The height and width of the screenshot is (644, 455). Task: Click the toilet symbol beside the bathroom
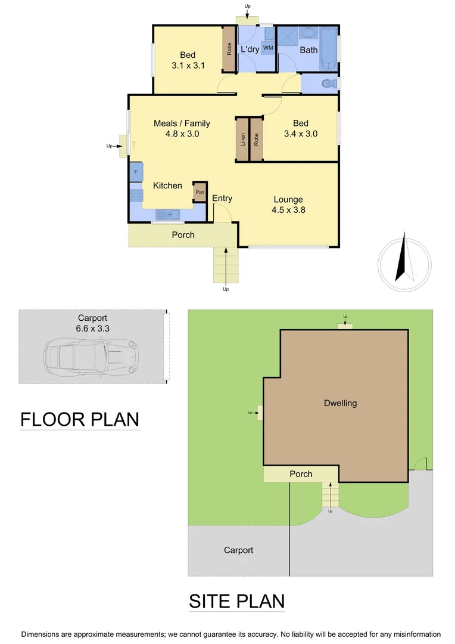(x=328, y=84)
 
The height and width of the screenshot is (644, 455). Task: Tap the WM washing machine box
(x=268, y=47)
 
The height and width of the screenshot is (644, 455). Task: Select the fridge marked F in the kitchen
(x=136, y=172)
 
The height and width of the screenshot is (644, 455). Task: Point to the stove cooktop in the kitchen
(x=136, y=195)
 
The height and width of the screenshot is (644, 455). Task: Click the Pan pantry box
(x=200, y=192)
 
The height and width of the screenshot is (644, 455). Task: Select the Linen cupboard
(x=242, y=139)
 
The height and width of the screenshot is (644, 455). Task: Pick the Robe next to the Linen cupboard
(x=256, y=139)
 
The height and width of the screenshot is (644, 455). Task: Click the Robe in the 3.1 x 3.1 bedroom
(x=229, y=49)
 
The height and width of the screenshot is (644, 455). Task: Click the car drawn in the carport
(x=91, y=356)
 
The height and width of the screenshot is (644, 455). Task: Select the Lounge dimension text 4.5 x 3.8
(x=288, y=210)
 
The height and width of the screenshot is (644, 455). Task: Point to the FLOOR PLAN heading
(x=79, y=420)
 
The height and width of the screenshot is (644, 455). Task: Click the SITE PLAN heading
(x=236, y=601)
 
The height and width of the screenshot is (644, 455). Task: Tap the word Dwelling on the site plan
(x=340, y=403)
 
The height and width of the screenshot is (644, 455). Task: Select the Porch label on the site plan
(x=301, y=474)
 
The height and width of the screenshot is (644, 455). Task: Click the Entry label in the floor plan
(x=222, y=199)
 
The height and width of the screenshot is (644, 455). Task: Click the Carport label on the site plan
(x=238, y=550)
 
